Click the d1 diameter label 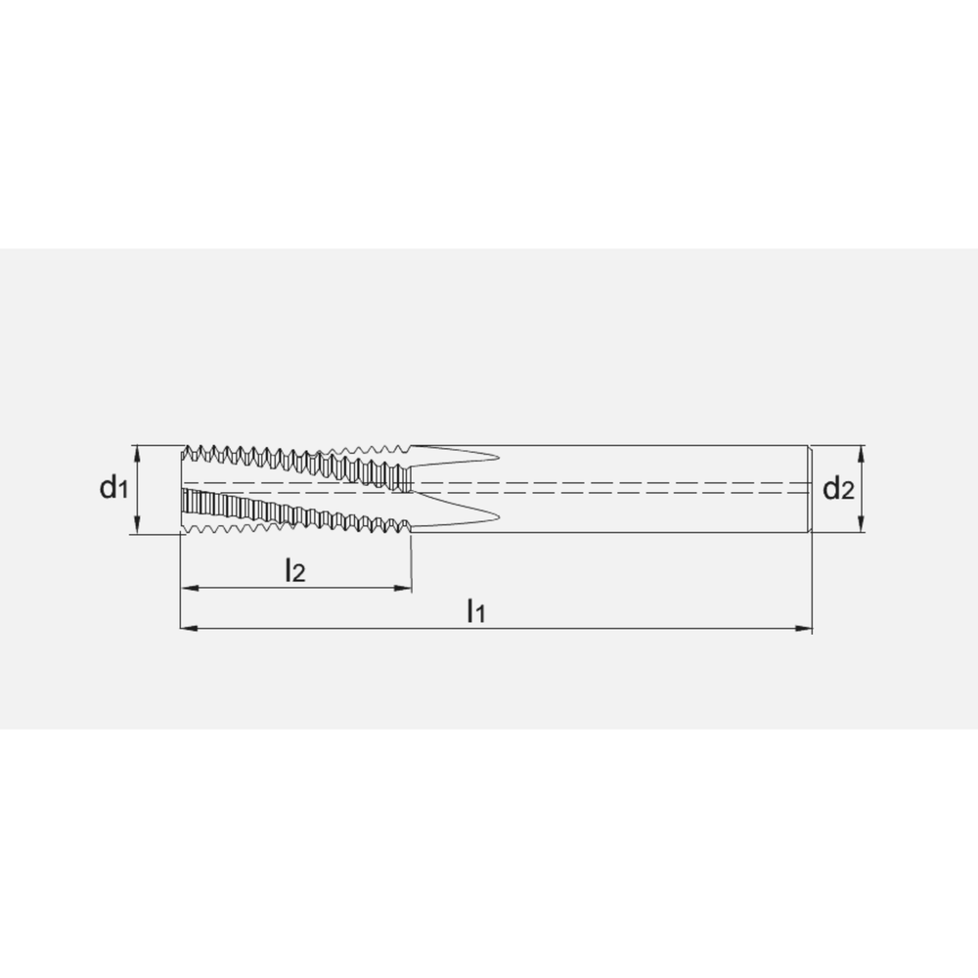tap(113, 487)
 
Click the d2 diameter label tap(838, 488)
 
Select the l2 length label tap(295, 570)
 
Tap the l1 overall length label tap(476, 610)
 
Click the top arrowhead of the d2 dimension tap(862, 452)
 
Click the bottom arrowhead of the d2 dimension tap(862, 525)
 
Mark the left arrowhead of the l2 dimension tap(189, 588)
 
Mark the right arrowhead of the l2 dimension tap(404, 588)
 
